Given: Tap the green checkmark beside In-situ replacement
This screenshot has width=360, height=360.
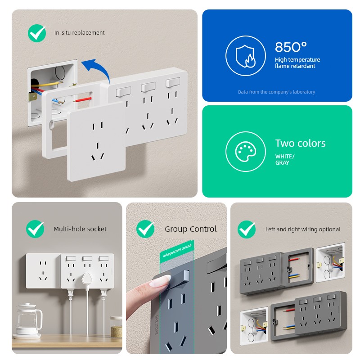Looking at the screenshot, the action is (37, 33).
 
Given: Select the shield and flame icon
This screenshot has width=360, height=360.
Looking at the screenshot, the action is (245, 56).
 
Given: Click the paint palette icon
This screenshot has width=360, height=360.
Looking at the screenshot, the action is (245, 152).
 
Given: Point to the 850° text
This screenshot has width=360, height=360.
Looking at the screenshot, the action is (291, 47).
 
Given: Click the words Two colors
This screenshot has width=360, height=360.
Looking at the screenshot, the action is (300, 143).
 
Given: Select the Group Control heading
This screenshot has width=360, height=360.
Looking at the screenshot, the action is (190, 229).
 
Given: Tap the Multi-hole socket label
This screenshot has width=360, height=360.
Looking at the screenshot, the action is (80, 229).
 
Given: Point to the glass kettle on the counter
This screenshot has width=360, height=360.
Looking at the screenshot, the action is (29, 320).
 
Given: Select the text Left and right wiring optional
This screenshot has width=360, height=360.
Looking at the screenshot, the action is (303, 229).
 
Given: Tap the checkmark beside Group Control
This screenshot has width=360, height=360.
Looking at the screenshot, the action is (145, 229).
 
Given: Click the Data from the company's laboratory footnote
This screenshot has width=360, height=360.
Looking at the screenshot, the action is (276, 92).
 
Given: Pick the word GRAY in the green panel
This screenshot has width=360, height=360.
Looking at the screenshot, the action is (282, 163).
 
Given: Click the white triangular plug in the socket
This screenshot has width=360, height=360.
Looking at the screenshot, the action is (87, 279).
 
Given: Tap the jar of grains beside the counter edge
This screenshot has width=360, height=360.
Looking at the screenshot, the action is (117, 327).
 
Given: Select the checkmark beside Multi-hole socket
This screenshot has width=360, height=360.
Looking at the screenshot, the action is (35, 229).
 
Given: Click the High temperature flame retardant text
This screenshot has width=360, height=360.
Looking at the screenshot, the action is (297, 63).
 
